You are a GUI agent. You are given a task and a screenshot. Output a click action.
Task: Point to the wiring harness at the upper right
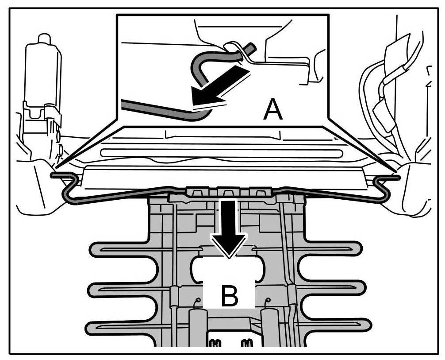click(389, 93)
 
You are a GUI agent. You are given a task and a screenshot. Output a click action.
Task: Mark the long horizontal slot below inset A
click(221, 153)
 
